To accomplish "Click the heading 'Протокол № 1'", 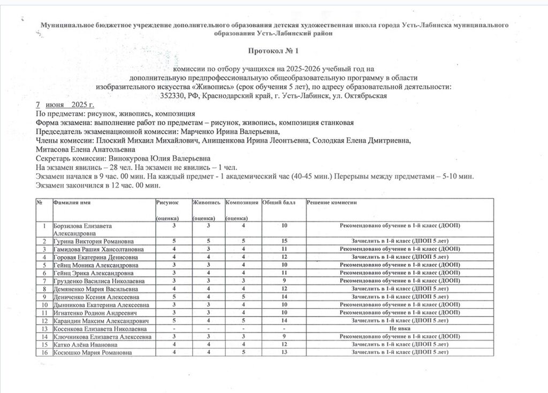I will coord(273,51).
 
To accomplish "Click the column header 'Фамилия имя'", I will coord(71,203).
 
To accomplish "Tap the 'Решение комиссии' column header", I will coord(332,203).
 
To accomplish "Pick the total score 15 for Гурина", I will coord(284,241).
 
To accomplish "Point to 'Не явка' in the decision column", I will coord(400,328).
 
